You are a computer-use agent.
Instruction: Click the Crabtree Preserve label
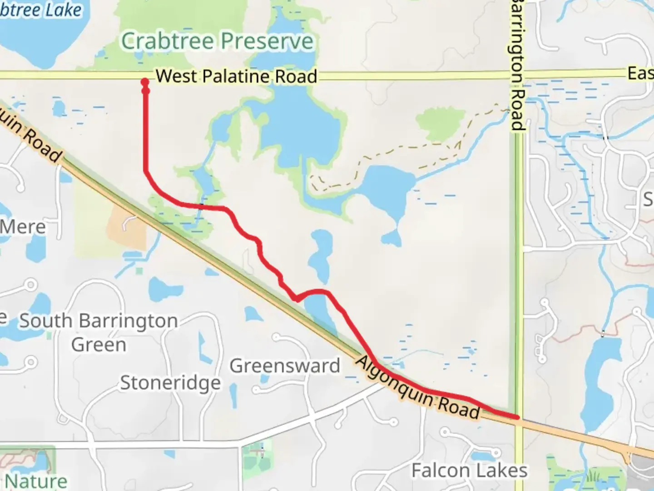pyautogui.click(x=217, y=41)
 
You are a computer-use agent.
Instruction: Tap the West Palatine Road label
pyautogui.click(x=236, y=76)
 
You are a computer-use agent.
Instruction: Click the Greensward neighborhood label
pyautogui.click(x=285, y=366)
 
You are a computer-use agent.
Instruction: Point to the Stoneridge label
pyautogui.click(x=170, y=383)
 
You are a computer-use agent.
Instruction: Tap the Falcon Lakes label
pyautogui.click(x=469, y=471)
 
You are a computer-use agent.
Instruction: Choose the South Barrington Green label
pyautogui.click(x=99, y=332)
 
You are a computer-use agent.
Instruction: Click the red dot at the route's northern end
pyautogui.click(x=145, y=82)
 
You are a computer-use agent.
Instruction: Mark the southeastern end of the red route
pyautogui.click(x=516, y=416)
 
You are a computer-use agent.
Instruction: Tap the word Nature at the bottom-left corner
pyautogui.click(x=36, y=481)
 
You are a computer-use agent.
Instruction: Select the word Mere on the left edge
pyautogui.click(x=23, y=226)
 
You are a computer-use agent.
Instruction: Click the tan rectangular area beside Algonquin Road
pyautogui.click(x=127, y=227)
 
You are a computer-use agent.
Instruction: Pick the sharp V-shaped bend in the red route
pyautogui.click(x=296, y=299)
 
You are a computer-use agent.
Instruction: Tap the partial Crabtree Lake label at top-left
pyautogui.click(x=41, y=10)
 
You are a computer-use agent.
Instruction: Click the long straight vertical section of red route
pyautogui.click(x=146, y=132)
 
